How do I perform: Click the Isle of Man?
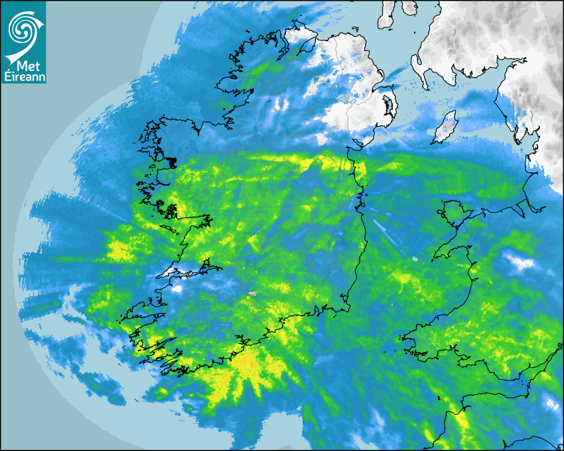(x=447, y=127)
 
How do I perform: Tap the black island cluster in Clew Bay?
(x=171, y=161)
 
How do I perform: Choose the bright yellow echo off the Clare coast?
(x=119, y=250)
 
